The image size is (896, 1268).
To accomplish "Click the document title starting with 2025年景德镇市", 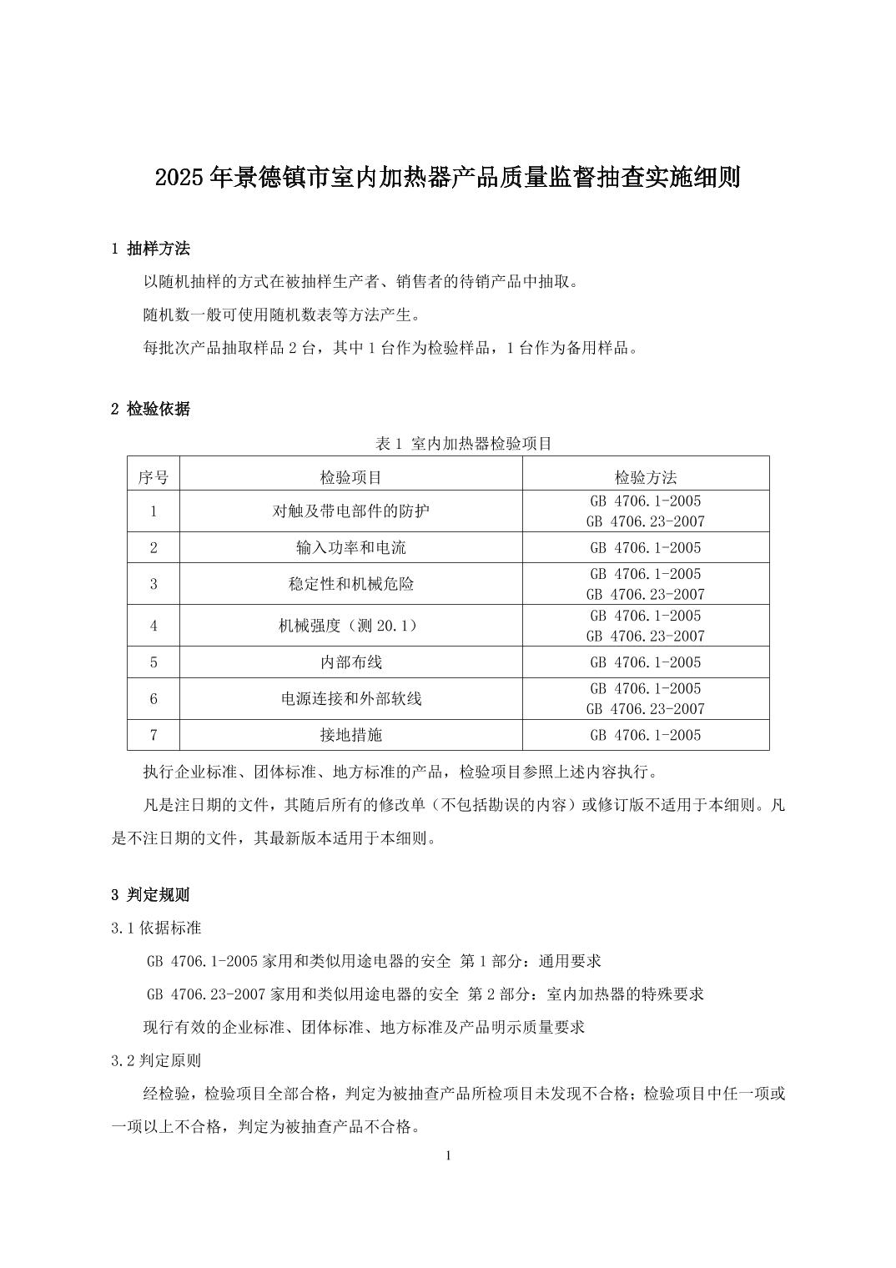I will point(448,178).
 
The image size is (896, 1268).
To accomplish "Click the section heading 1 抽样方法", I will point(150,248).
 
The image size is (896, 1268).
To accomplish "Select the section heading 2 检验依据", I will point(150,409).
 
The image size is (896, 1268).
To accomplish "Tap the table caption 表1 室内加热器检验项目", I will point(464,444).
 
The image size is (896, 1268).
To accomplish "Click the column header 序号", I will point(154,477).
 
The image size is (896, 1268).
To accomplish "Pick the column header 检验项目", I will point(351,477).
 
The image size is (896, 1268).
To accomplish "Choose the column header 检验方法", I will point(646,477).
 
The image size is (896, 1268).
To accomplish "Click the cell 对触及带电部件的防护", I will point(351,511).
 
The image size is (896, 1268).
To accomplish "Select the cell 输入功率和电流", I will point(351,548).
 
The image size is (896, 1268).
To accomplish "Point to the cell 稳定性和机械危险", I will point(351,584).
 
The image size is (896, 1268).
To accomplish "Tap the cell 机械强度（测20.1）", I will point(351,626).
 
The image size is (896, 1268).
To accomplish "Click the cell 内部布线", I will point(351,662).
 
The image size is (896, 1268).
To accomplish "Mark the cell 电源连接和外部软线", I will point(351,698).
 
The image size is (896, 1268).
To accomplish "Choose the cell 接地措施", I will point(351,735).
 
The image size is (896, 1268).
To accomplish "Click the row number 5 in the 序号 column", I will point(154,662).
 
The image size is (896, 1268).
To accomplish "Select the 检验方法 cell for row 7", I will point(646,735).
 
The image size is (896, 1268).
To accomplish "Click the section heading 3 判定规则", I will point(150,895).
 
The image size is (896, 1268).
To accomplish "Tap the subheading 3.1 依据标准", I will point(156,928).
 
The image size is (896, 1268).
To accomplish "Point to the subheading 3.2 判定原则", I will point(156,1060).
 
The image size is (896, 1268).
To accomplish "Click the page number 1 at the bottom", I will point(449,1155).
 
